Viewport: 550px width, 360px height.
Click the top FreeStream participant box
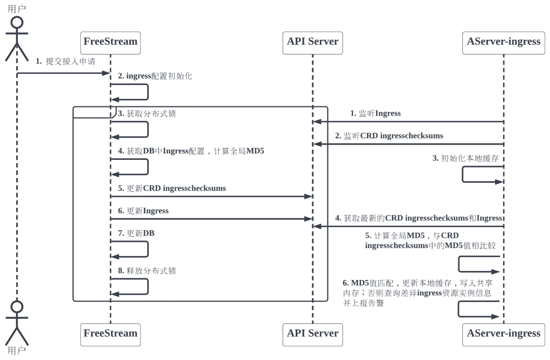tap(111, 42)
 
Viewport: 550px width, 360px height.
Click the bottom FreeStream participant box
tap(111, 334)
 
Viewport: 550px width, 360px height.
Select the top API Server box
tap(313, 42)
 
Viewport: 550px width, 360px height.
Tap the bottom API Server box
tap(313, 334)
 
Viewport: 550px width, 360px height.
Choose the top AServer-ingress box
tap(503, 42)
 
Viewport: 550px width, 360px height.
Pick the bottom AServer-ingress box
tap(503, 334)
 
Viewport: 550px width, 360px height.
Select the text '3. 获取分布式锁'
tap(147, 114)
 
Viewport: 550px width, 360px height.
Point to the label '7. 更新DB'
tap(136, 233)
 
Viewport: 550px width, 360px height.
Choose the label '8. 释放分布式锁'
tap(147, 271)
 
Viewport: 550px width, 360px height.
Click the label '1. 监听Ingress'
tap(375, 114)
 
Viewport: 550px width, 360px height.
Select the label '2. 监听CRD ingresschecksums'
tap(389, 136)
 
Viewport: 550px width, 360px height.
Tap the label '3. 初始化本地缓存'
tap(465, 158)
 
